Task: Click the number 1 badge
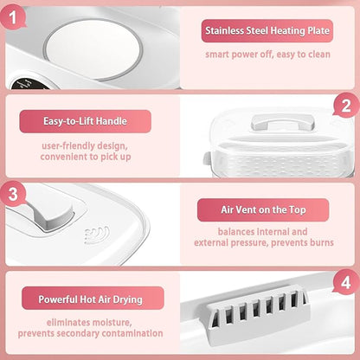13,17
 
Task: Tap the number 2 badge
346,106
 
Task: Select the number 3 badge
13,194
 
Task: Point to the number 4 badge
346,282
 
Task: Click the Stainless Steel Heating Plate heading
267,30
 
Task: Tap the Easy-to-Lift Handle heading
85,121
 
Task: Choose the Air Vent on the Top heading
263,209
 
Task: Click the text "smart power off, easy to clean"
267,55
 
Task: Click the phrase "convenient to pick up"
86,157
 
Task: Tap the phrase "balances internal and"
262,232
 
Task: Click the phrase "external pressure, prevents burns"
264,242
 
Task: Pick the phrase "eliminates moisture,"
89,322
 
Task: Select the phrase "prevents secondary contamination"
90,333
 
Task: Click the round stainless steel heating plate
93,49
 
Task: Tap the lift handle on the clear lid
282,122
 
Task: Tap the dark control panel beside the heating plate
28,83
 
